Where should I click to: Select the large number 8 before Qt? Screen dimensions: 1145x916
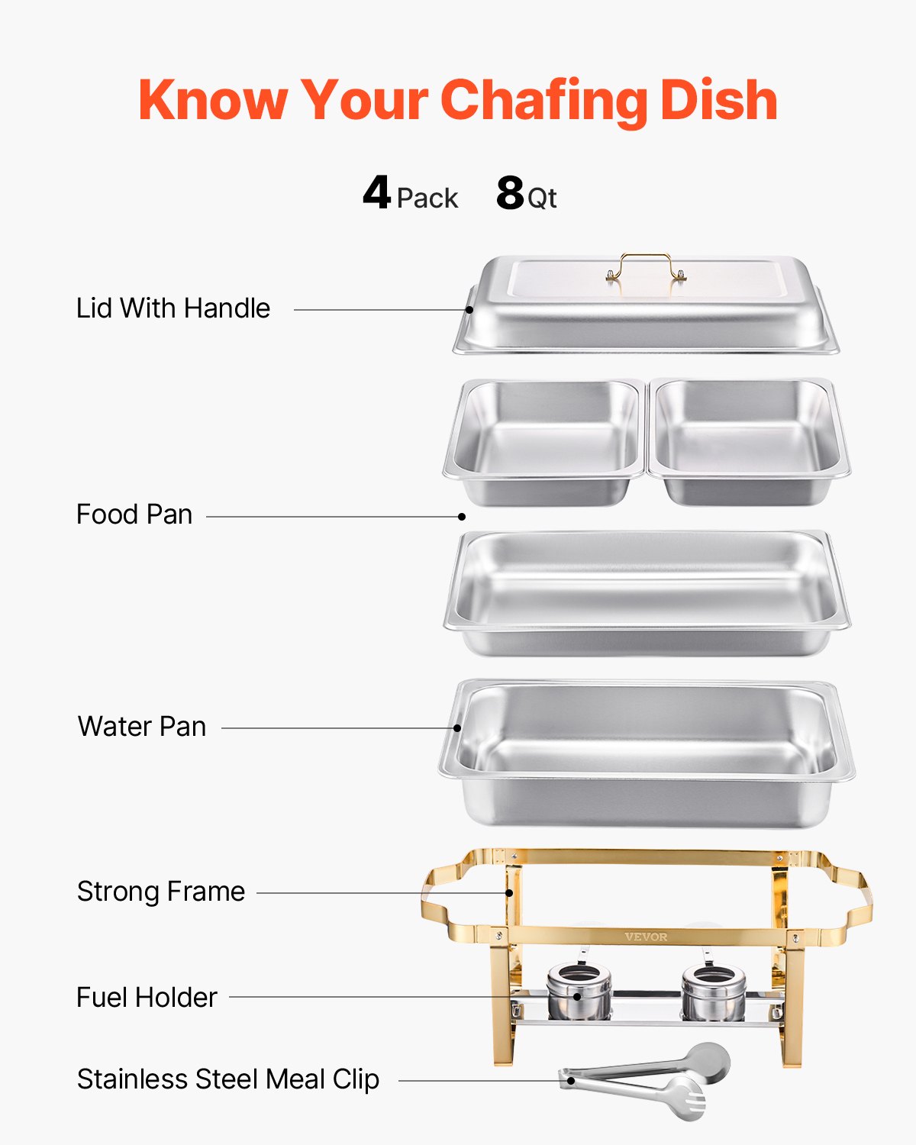point(510,193)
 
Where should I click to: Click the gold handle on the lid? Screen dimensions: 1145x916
point(646,265)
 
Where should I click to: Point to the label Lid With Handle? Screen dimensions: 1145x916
point(173,308)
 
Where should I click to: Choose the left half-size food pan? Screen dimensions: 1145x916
point(545,440)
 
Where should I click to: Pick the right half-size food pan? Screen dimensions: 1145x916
point(748,440)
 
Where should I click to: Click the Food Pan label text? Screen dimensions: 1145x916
point(134,514)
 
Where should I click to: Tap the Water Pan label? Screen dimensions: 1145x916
point(142,727)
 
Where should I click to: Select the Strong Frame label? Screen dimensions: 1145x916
point(161,892)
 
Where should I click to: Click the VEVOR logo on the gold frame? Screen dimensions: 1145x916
point(646,937)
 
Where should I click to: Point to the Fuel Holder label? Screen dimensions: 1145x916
point(147,998)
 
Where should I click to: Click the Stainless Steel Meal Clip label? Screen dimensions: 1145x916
point(228,1079)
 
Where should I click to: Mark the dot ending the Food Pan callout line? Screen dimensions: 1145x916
point(462,517)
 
